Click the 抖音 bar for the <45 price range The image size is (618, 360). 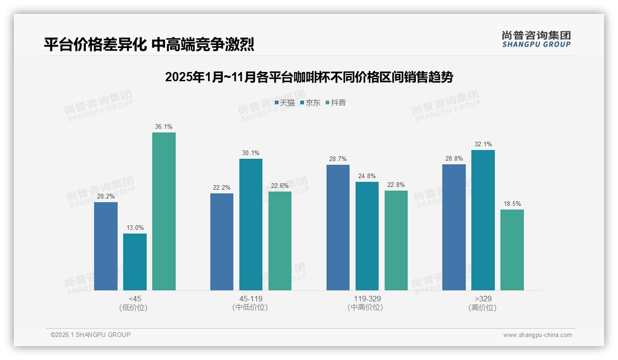[164, 211]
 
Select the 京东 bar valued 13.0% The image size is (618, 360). [135, 262]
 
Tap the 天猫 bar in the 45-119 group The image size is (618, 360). [222, 242]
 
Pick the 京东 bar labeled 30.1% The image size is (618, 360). [251, 224]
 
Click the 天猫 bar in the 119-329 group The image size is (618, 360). [338, 228]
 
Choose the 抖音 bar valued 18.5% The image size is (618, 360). [512, 250]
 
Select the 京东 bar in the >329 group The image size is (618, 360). [483, 220]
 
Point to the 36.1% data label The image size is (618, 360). [164, 127]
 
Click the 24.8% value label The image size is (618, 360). [367, 176]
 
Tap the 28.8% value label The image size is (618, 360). [454, 159]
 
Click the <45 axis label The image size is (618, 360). [135, 299]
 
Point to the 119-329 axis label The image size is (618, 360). [367, 299]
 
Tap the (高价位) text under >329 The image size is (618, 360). [482, 308]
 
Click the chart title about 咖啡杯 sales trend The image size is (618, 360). [309, 77]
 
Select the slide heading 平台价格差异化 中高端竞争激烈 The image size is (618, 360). [149, 44]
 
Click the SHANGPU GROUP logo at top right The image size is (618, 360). [536, 39]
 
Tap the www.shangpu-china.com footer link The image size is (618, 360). [537, 335]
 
